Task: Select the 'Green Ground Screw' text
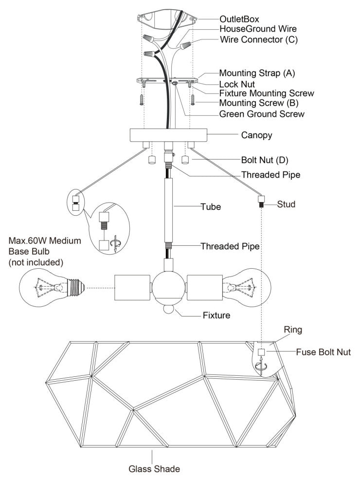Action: click(x=262, y=114)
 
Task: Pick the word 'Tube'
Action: click(x=211, y=207)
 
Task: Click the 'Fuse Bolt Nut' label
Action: click(x=323, y=352)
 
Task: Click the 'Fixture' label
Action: click(x=216, y=315)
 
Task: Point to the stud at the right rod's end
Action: click(x=261, y=200)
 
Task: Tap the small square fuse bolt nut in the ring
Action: click(x=261, y=352)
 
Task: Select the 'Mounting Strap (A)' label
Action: click(x=257, y=73)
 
